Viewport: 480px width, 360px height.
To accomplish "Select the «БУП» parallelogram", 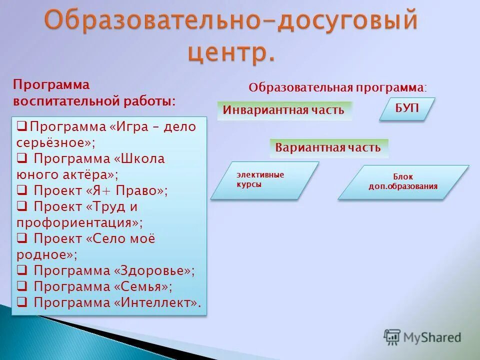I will pyautogui.click(x=407, y=108).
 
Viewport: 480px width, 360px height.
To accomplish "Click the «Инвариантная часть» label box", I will pyautogui.click(x=284, y=110).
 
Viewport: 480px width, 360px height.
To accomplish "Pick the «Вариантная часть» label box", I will pyautogui.click(x=328, y=148).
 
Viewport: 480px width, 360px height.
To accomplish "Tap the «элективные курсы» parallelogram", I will pyautogui.click(x=264, y=180).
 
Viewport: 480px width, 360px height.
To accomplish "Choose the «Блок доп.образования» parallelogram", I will pyautogui.click(x=403, y=182).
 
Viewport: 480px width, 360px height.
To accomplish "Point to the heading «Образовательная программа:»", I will pyautogui.click(x=338, y=87).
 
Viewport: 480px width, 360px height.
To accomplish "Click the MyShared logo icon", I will pyautogui.click(x=392, y=337).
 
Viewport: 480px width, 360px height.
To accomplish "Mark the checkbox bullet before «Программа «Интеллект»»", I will pyautogui.click(x=22, y=302).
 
